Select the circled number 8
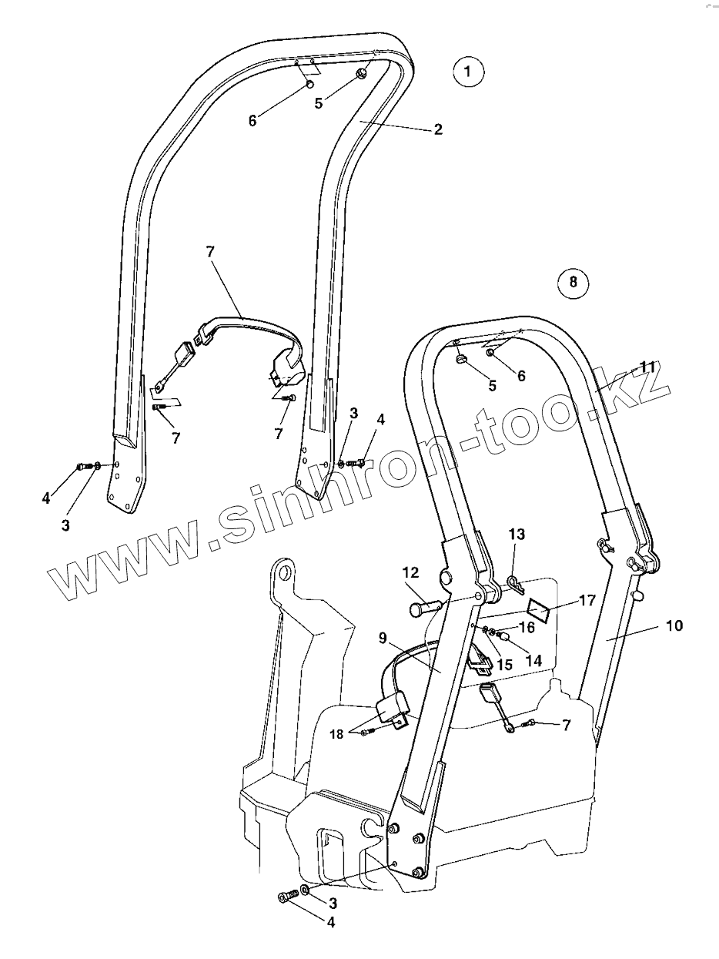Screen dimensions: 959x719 coord(572,282)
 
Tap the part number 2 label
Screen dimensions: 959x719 coord(438,129)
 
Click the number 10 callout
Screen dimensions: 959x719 coord(674,625)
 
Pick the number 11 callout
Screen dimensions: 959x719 coord(647,367)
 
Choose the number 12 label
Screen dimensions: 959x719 coord(410,573)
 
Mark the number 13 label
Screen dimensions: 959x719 coord(517,534)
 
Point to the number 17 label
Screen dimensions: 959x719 coord(587,600)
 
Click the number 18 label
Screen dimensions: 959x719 coord(338,733)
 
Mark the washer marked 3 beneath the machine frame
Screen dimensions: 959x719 coord(306,890)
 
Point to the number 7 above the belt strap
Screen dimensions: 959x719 coord(210,252)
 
